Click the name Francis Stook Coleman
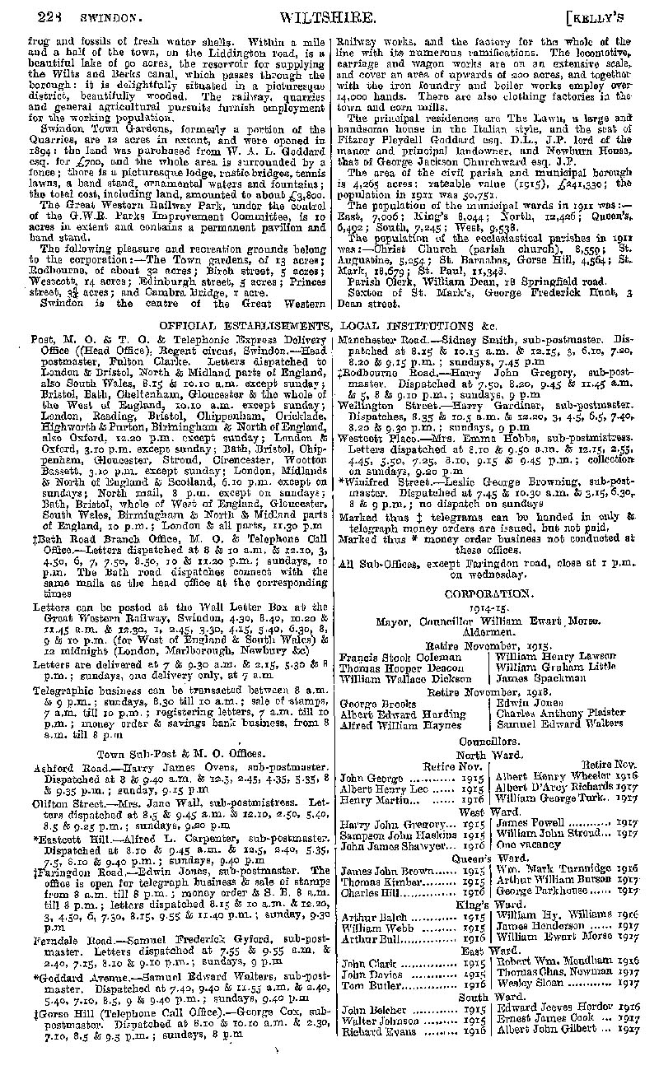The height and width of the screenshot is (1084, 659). [390, 658]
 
